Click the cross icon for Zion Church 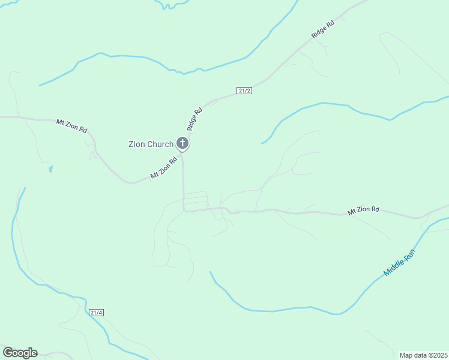(x=182, y=143)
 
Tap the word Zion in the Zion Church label (x=137, y=144)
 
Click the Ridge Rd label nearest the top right (x=322, y=31)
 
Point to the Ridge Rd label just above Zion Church (x=195, y=119)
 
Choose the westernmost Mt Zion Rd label (x=71, y=125)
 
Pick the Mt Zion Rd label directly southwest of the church (x=163, y=167)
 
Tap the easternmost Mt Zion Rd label (x=363, y=210)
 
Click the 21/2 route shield (x=244, y=91)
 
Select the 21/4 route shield (x=96, y=313)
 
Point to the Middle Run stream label (x=399, y=263)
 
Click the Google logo (x=20, y=353)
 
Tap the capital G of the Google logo (x=8, y=353)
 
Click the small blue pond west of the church (x=50, y=169)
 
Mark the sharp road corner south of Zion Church (x=184, y=210)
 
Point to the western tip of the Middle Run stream (x=210, y=272)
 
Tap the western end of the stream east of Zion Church (x=262, y=143)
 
